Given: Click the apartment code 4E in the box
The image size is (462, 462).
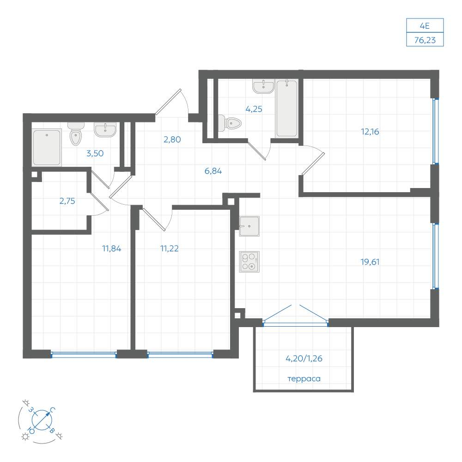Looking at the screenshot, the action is [425, 26].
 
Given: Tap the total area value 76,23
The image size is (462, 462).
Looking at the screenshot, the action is [425, 40].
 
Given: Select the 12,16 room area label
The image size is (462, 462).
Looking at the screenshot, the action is [370, 132].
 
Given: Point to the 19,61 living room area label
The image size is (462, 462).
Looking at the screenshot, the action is [370, 262].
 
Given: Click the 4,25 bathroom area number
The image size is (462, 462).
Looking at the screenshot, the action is [254, 109].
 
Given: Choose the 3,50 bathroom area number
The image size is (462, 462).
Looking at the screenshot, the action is [95, 153].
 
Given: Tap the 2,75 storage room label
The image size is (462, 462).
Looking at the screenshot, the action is [67, 201].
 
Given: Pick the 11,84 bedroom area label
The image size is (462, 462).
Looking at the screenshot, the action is [112, 249].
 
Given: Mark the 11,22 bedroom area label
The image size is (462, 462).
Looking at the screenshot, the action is [170, 249].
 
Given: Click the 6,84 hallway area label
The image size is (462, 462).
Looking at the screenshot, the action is [213, 171].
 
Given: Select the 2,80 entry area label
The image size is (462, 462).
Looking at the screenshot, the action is [172, 140].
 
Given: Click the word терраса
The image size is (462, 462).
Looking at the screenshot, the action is [304, 379].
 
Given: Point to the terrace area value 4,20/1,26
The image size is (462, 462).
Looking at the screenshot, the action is [304, 359].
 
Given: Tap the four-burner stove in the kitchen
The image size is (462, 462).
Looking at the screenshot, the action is [249, 261].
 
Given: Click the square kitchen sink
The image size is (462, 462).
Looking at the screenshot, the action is [249, 226].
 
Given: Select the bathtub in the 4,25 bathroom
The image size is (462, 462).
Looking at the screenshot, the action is [287, 109].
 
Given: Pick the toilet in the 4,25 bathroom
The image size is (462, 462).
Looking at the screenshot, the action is [230, 123].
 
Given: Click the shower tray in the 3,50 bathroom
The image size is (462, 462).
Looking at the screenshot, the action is [47, 147].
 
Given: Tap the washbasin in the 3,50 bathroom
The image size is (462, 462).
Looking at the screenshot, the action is [105, 130].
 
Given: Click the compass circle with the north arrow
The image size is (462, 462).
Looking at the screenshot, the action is [42, 420].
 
